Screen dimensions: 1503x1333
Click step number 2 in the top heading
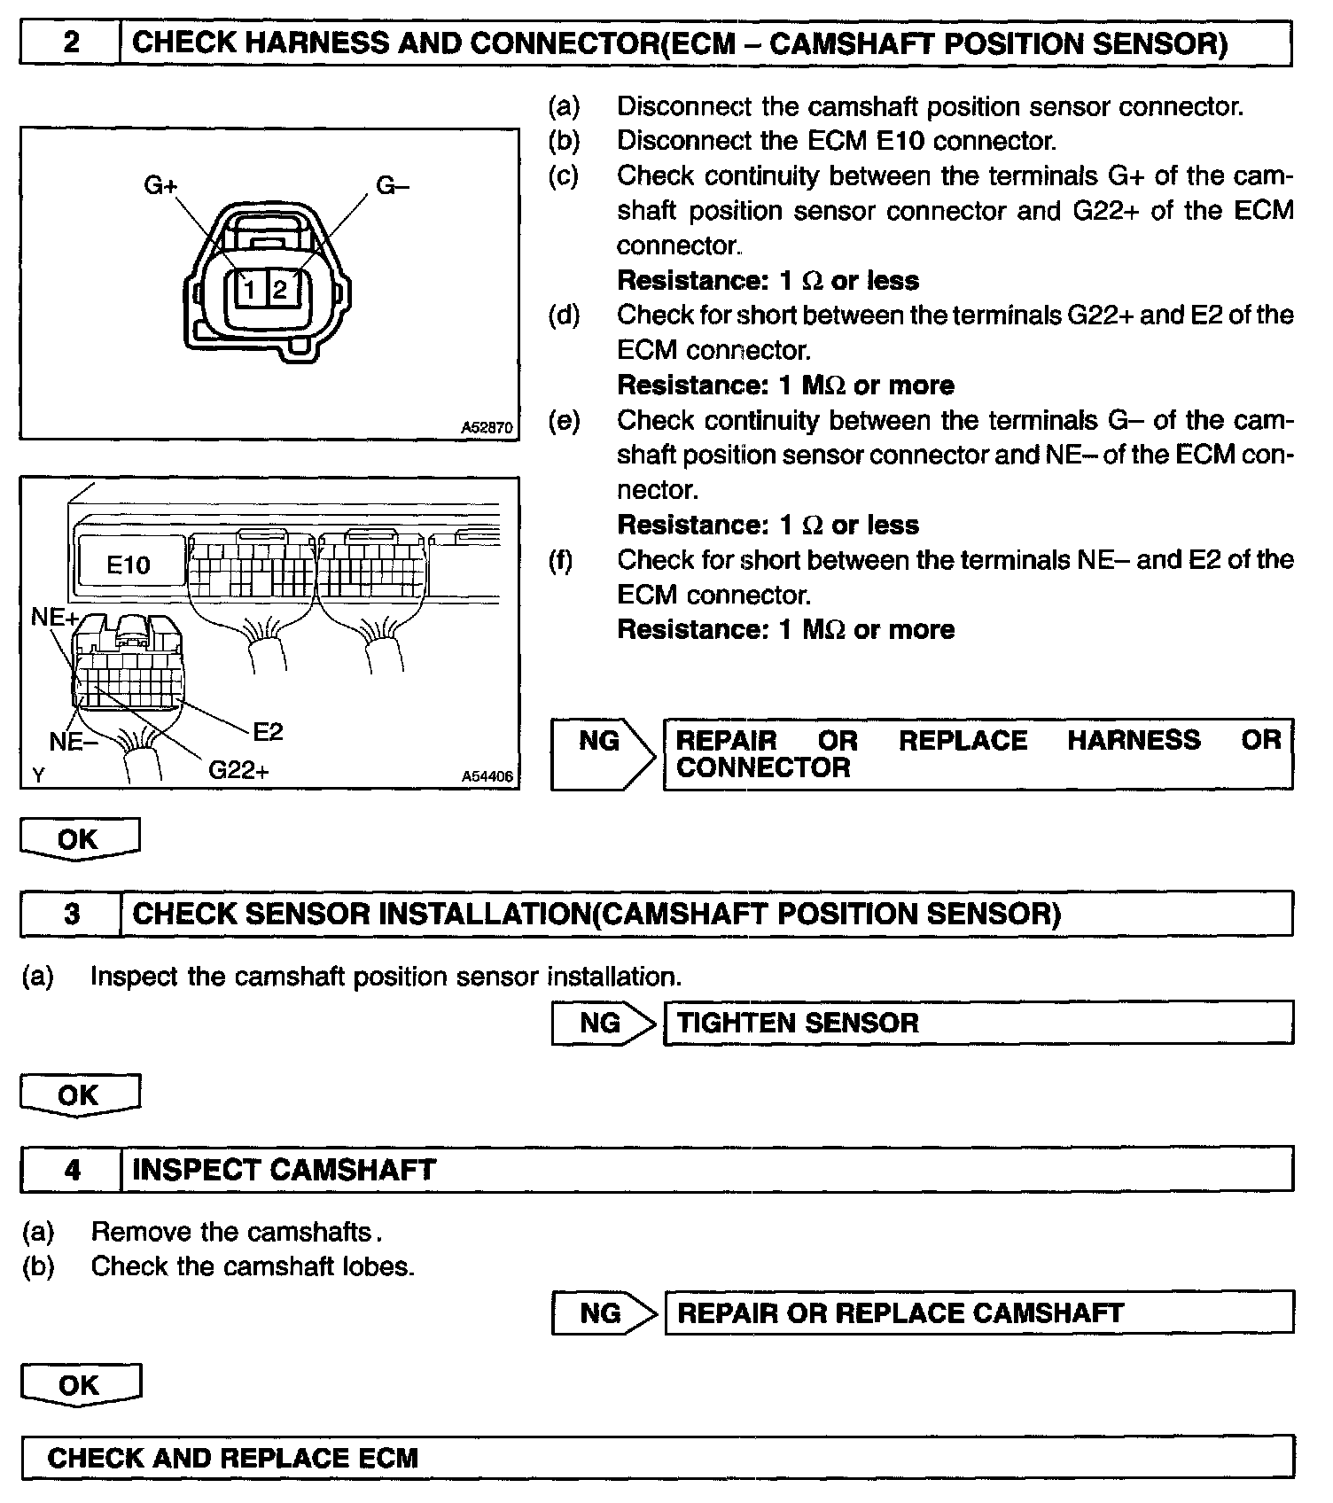[71, 43]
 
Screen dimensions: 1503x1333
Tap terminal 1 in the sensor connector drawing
[251, 289]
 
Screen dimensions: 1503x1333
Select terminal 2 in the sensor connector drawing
[280, 289]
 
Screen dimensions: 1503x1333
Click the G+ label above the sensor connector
[160, 185]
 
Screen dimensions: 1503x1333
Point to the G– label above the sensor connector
[393, 185]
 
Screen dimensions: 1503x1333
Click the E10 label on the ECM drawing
[129, 565]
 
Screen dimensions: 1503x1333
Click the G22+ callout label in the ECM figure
[238, 770]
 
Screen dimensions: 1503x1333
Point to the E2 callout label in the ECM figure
[268, 731]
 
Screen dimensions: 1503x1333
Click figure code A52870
[487, 427]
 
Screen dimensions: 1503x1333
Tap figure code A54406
[487, 776]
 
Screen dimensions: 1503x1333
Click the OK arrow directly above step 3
[79, 839]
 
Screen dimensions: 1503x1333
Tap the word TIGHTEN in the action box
[728, 1023]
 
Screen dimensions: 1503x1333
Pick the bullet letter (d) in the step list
[564, 315]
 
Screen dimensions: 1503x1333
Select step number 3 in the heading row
[72, 914]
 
